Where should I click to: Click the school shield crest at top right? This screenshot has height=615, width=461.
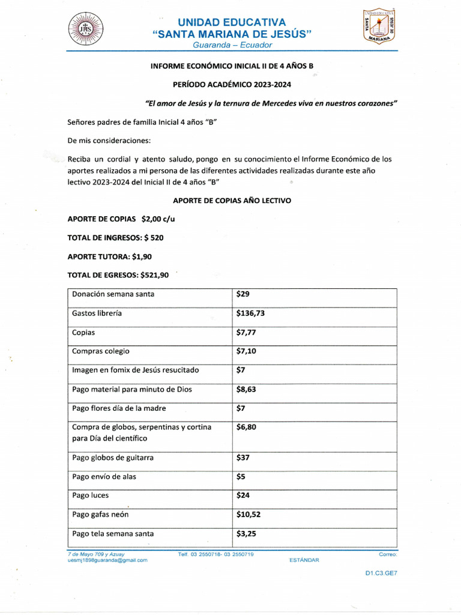(x=378, y=26)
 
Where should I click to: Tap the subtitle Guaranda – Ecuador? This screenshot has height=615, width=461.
(x=232, y=45)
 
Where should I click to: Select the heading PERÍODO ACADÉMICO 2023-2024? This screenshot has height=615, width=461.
(x=232, y=85)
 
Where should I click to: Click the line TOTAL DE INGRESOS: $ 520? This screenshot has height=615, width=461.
(x=115, y=237)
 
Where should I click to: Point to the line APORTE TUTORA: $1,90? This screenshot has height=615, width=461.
(x=110, y=256)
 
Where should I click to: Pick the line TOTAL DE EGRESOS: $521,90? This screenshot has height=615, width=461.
(x=118, y=274)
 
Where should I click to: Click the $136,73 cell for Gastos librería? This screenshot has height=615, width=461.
(x=251, y=313)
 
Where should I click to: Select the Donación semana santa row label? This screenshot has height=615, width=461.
(x=113, y=294)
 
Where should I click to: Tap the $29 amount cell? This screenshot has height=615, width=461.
(x=243, y=294)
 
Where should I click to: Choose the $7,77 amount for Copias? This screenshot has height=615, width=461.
(x=247, y=332)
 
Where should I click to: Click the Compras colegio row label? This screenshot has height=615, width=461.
(x=101, y=351)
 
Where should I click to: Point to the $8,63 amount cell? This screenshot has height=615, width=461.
(x=247, y=389)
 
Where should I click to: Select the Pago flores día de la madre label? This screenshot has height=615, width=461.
(x=119, y=408)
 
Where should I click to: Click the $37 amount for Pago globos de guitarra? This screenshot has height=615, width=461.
(x=243, y=458)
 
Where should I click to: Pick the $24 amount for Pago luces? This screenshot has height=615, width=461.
(x=243, y=495)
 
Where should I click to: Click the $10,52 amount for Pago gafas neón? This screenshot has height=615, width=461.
(x=249, y=514)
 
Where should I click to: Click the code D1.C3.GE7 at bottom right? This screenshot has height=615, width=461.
(x=381, y=573)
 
